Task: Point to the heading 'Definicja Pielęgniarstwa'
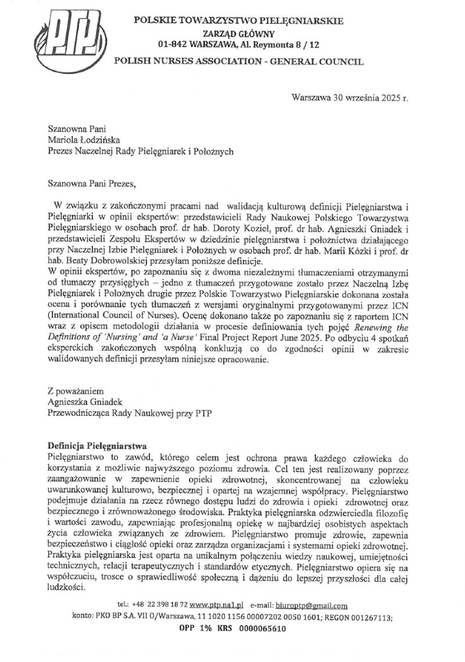point(95,445)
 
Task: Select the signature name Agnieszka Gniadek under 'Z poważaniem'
point(85,404)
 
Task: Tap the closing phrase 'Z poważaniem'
point(74,393)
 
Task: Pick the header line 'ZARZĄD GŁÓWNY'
point(238,33)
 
